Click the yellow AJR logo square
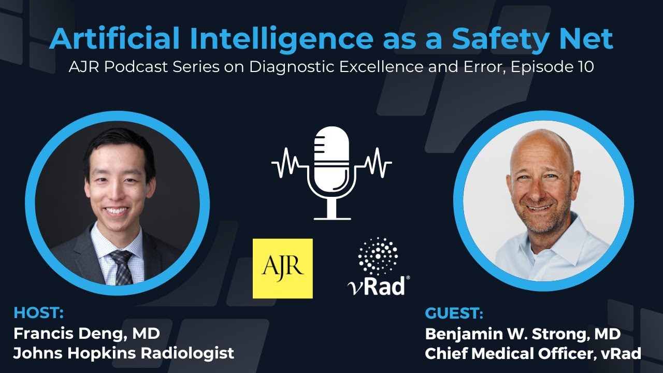tap(282, 268)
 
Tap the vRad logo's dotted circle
tap(378, 256)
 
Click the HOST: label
tap(39, 313)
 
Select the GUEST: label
tap(454, 314)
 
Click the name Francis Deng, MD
tap(86, 333)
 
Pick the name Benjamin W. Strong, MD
tap(523, 334)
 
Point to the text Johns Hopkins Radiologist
tap(124, 353)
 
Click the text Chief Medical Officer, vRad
tap(533, 354)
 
